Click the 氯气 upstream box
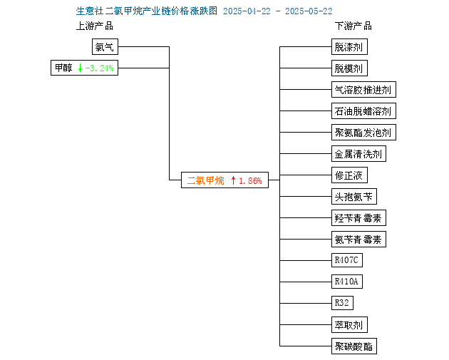pos(105,46)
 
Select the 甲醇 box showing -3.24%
pos(85,68)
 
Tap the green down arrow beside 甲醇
pos(80,68)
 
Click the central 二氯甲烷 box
pos(224,180)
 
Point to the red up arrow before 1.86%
pos(233,180)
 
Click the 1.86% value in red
pos(250,181)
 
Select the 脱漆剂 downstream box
pos(349,46)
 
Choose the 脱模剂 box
pos(349,68)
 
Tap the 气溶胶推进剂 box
pos(363,90)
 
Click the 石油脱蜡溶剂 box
pos(363,110)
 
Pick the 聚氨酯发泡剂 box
pos(363,133)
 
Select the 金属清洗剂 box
pos(358,154)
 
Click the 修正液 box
pos(349,175)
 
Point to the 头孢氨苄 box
pos(354,197)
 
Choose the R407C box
pos(347,260)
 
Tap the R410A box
pos(347,282)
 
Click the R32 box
pos(343,303)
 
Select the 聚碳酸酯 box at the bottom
pos(354,346)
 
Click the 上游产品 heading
pos(95,26)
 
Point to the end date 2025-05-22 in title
pos(309,11)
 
